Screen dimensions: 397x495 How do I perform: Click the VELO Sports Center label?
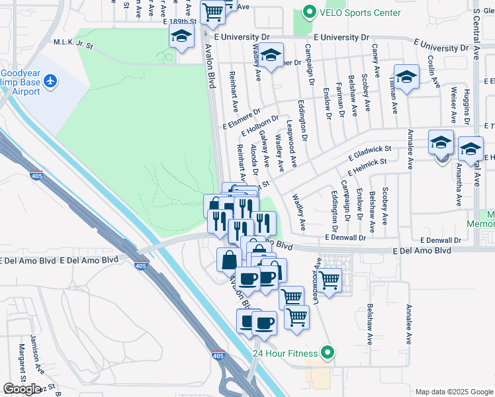[361, 13]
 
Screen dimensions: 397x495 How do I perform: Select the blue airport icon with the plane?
[50, 81]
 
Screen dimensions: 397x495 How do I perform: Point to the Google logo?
[22, 388]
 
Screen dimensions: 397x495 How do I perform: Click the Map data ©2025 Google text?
[453, 392]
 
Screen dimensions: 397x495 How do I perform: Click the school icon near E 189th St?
[181, 38]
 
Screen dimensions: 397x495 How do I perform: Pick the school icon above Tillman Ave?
[406, 75]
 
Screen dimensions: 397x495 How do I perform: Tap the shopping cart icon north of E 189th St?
[212, 10]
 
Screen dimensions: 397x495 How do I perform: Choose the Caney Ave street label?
[375, 58]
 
